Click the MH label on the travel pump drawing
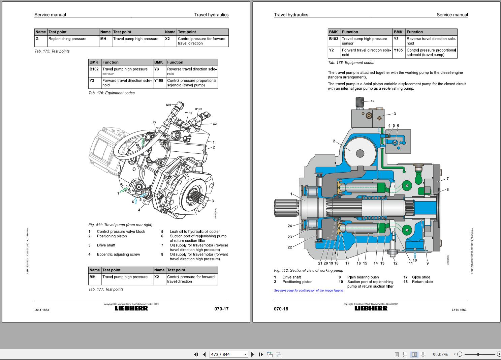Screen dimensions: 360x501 [x=168, y=105]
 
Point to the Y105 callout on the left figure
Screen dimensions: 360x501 [x=188, y=113]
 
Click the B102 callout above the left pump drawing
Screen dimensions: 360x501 [x=198, y=109]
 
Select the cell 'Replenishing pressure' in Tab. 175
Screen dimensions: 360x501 [x=67, y=39]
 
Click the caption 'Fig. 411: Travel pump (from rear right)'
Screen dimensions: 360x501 [x=120, y=225]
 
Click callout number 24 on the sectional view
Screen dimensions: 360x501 [x=290, y=226]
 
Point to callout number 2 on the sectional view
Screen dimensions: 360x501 [x=334, y=141]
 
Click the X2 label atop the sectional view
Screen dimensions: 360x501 [x=372, y=101]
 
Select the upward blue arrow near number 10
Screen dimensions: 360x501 [x=415, y=256]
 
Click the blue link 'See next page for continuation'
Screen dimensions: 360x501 [x=308, y=291]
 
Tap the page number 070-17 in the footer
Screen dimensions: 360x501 [x=221, y=309]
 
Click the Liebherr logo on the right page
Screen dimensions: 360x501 [x=371, y=308]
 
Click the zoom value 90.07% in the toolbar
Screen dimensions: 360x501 [x=440, y=354]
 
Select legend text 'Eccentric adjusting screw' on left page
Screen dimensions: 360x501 [x=118, y=254]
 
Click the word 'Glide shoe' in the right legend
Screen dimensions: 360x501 [x=421, y=277]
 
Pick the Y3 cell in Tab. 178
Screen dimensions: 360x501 [x=396, y=39]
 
